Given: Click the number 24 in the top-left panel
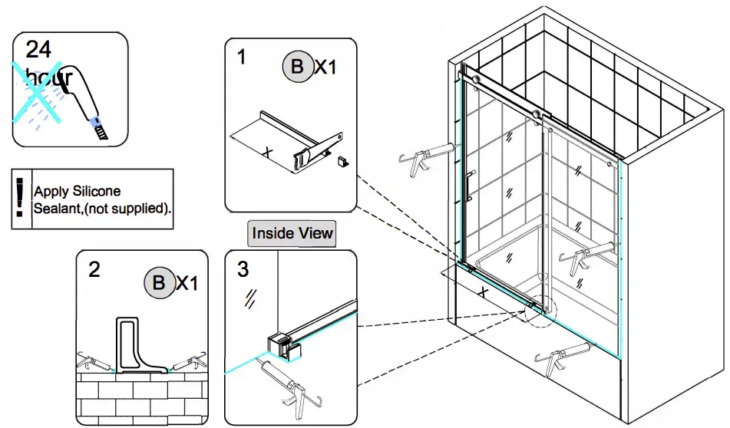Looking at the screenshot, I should [38, 49].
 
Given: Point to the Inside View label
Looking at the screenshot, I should [292, 233].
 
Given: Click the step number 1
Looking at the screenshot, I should [243, 57].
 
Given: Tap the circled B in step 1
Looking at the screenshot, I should [296, 67].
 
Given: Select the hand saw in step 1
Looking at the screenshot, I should [318, 149].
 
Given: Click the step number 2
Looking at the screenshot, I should [94, 269].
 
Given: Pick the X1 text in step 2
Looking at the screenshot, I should [187, 283].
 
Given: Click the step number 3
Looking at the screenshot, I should [243, 269].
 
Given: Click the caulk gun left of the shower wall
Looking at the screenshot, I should [423, 156].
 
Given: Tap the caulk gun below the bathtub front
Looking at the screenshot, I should [564, 360].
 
